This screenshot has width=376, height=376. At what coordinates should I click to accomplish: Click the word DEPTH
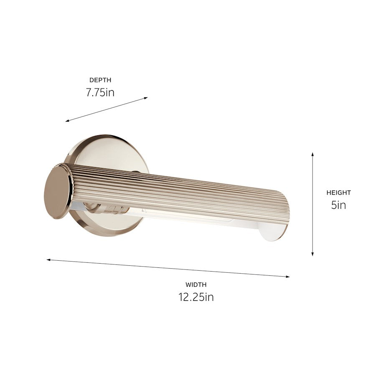tap(100, 80)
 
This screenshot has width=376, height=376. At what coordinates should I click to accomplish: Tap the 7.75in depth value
tap(100, 92)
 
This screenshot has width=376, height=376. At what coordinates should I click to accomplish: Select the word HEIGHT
tap(338, 193)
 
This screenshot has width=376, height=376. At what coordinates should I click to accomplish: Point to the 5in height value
tap(338, 205)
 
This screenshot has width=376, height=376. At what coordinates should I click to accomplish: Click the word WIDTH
tap(196, 285)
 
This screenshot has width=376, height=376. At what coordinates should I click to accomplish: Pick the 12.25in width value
tap(196, 297)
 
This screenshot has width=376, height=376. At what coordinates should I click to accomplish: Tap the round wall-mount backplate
tap(104, 150)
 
